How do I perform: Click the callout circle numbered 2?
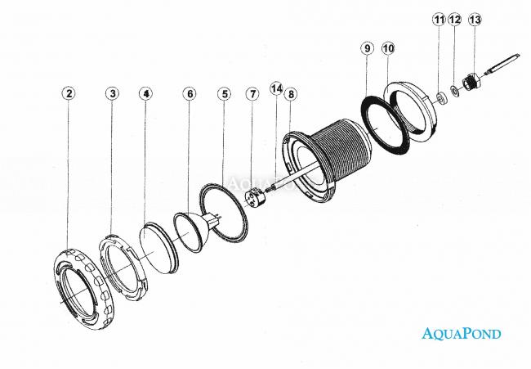(69, 93)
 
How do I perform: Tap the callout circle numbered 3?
(113, 93)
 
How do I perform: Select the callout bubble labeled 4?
(145, 93)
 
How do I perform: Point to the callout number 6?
(190, 93)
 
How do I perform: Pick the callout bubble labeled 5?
(225, 94)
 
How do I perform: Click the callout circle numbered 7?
(252, 94)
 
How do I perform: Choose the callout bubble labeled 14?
(276, 89)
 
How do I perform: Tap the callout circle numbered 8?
(292, 94)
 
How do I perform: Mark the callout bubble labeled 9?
(368, 48)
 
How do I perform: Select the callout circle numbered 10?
(388, 48)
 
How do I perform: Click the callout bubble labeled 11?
(439, 20)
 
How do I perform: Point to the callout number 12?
(455, 20)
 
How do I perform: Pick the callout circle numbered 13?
(475, 20)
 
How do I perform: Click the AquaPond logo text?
(462, 333)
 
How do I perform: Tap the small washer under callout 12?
(454, 90)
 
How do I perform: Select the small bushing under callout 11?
(441, 98)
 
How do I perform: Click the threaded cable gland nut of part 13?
(471, 82)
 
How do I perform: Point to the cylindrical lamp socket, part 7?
(256, 197)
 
